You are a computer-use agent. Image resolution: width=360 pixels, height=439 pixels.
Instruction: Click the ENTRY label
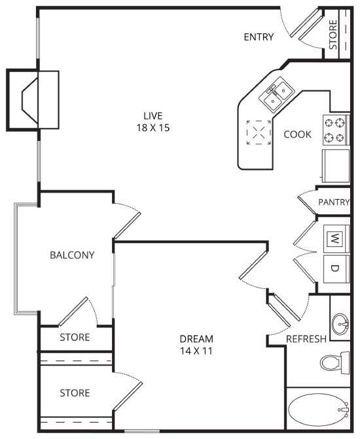(x=258, y=37)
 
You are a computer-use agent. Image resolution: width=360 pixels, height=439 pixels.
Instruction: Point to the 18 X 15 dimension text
(x=150, y=128)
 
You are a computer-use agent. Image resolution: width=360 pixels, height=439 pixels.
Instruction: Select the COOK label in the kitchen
(x=297, y=134)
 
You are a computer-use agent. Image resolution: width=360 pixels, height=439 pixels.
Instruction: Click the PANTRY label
(x=334, y=202)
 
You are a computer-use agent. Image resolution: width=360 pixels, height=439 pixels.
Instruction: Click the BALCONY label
(x=72, y=255)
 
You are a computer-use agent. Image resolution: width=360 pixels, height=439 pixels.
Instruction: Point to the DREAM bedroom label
(x=196, y=339)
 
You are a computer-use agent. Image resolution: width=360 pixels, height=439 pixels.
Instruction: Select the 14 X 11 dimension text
(x=196, y=351)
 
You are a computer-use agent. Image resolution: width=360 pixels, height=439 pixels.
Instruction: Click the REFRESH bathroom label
(x=306, y=339)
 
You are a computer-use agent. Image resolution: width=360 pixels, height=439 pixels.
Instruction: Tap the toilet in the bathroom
(x=335, y=362)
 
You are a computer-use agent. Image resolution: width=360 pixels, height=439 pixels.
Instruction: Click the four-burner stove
(x=334, y=129)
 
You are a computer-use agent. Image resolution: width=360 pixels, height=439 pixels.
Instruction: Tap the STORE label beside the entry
(x=333, y=36)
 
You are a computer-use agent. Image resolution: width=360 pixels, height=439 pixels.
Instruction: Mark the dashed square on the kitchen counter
(x=259, y=134)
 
